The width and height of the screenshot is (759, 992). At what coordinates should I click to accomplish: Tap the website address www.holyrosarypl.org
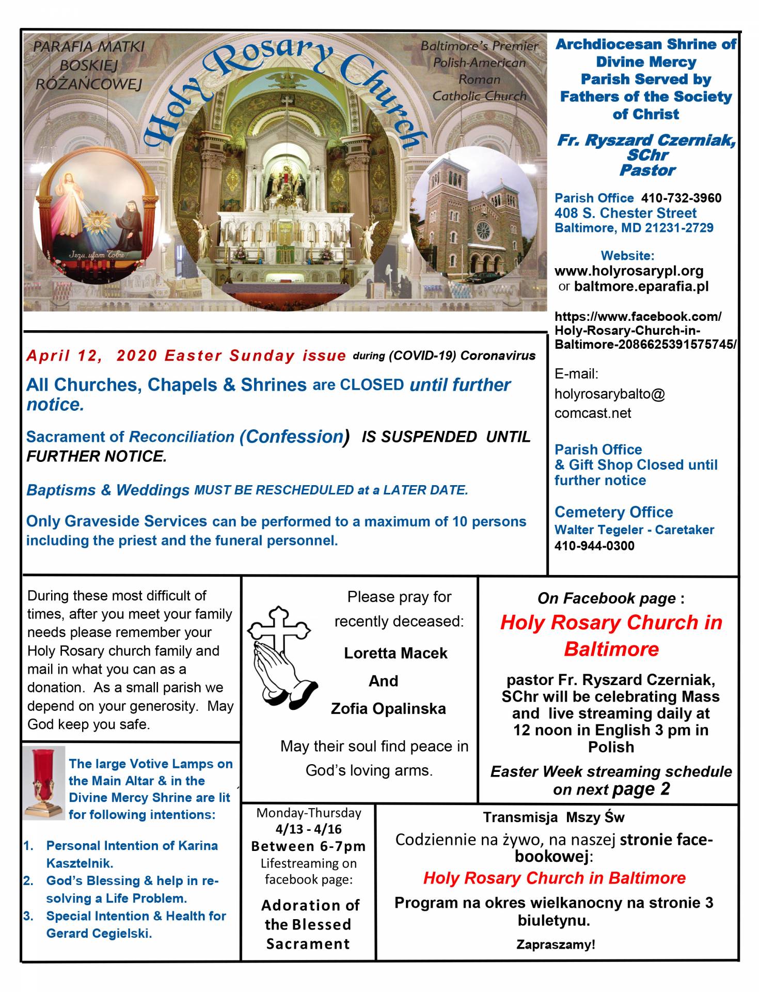tap(628, 271)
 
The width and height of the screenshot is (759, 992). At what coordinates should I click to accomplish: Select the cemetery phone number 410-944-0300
tap(594, 546)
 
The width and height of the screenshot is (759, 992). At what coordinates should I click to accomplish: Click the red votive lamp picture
tap(44, 782)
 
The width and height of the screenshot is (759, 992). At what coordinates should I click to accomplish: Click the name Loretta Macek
tap(396, 653)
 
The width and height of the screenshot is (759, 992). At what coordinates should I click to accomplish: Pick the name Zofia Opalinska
tap(388, 708)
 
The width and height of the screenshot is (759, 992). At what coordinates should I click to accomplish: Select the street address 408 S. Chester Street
tap(625, 213)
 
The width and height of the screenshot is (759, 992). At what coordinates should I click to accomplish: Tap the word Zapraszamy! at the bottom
tap(556, 944)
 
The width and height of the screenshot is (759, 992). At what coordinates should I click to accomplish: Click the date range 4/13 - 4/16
tap(308, 829)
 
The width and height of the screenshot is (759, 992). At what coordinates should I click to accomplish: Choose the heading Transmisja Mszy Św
tap(554, 817)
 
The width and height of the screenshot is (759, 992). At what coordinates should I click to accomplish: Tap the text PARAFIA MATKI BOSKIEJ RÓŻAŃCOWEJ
tap(89, 65)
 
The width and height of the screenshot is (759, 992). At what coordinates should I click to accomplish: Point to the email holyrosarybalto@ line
tap(609, 394)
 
